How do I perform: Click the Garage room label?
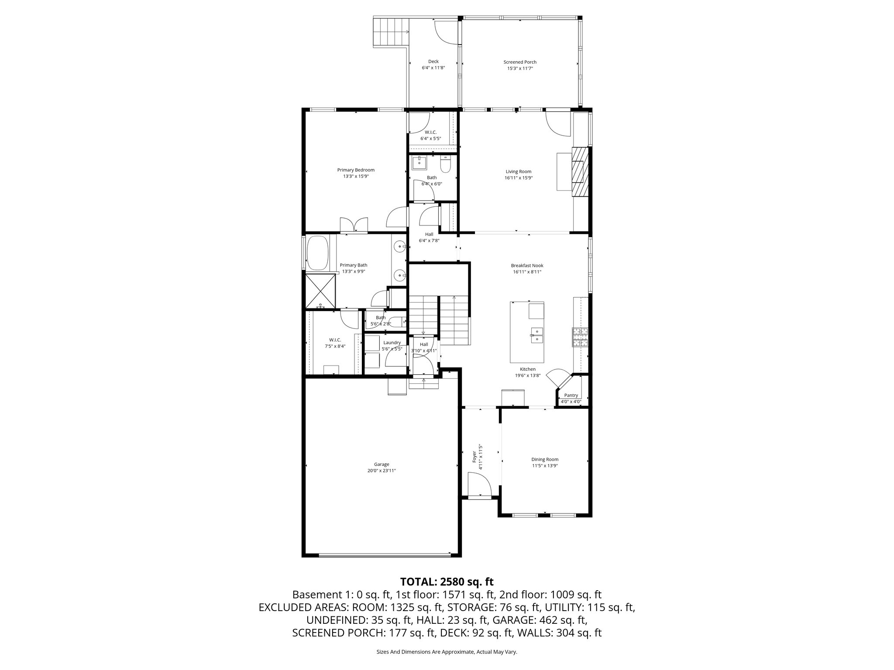coord(381,464)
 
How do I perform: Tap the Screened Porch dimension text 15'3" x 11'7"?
coord(520,68)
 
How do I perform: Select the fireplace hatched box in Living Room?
coord(580,171)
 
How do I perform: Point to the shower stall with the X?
coord(320,291)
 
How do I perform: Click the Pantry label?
coord(571,395)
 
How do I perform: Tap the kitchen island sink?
coord(536,336)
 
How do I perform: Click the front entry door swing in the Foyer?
coord(478,484)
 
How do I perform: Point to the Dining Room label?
coord(545,459)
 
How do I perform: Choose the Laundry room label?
coord(392,342)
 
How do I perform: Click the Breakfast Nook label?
coord(527,265)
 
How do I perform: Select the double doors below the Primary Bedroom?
coord(354,225)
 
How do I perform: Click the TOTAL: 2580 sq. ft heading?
coord(447,581)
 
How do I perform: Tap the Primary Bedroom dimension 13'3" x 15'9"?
coord(356,176)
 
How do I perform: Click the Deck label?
coord(433,62)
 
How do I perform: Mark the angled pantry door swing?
coord(559,378)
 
